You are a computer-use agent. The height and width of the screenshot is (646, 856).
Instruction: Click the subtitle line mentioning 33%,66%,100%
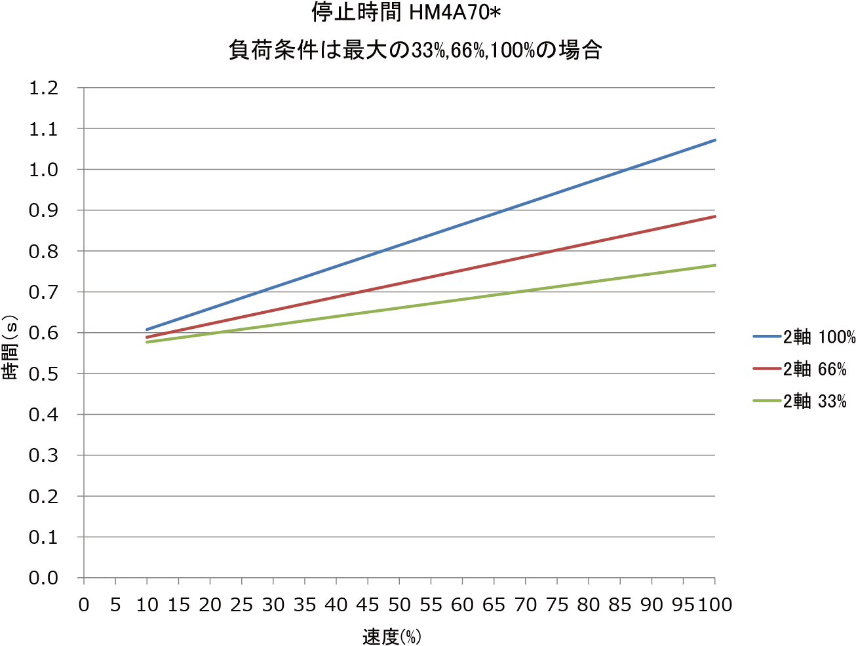tap(416, 50)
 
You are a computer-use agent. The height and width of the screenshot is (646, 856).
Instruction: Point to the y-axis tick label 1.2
tap(44, 88)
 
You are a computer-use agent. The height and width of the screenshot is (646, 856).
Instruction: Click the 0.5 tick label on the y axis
tap(44, 374)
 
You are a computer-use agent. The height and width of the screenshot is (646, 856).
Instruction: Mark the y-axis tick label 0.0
tap(44, 579)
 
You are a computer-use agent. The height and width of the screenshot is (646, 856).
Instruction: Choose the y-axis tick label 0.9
tap(44, 210)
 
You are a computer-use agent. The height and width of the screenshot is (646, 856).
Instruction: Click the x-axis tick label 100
tap(714, 605)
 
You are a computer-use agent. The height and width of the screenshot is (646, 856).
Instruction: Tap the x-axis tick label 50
tap(399, 605)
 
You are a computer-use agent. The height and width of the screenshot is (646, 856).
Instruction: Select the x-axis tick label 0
tap(84, 605)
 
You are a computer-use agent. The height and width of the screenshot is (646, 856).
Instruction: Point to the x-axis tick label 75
tap(557, 605)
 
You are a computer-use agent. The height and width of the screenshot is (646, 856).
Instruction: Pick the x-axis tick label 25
tap(242, 605)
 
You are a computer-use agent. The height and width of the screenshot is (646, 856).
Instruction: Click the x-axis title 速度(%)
tap(391, 636)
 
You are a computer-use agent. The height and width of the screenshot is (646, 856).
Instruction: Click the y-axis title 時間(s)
tap(11, 348)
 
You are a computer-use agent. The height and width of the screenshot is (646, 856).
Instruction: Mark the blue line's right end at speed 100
tap(714, 140)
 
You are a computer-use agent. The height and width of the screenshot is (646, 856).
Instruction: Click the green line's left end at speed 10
tap(147, 342)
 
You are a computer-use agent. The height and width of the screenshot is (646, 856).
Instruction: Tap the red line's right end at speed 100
tap(714, 216)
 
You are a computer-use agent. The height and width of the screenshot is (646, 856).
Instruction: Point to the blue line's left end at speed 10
tap(147, 330)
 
